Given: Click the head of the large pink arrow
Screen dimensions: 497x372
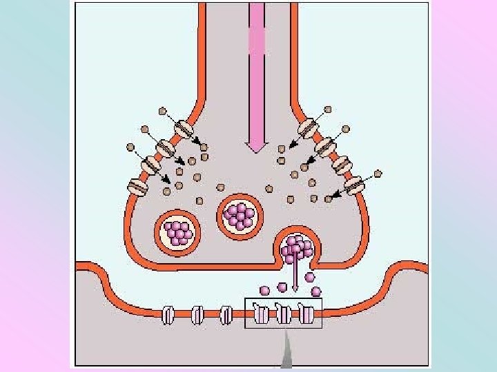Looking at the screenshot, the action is point(257,144).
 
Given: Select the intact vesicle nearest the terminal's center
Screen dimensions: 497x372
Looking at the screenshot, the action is point(241,216).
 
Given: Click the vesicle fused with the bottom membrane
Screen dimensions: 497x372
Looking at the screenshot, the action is point(297,248).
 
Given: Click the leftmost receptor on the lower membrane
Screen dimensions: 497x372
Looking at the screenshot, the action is point(168,316).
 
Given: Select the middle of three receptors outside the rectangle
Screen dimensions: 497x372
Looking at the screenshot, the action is point(197,316).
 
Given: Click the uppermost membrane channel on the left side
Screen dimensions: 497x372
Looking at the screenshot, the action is point(184,129).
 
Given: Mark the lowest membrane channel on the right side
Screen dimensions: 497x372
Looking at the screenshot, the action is point(355,185).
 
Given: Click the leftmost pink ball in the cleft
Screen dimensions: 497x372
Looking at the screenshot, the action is point(264,290).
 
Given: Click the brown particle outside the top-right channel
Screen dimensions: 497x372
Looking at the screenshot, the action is point(327,110).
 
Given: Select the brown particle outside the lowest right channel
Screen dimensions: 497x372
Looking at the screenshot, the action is point(378,173).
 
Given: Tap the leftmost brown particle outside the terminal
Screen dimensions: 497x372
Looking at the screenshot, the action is point(130,147).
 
